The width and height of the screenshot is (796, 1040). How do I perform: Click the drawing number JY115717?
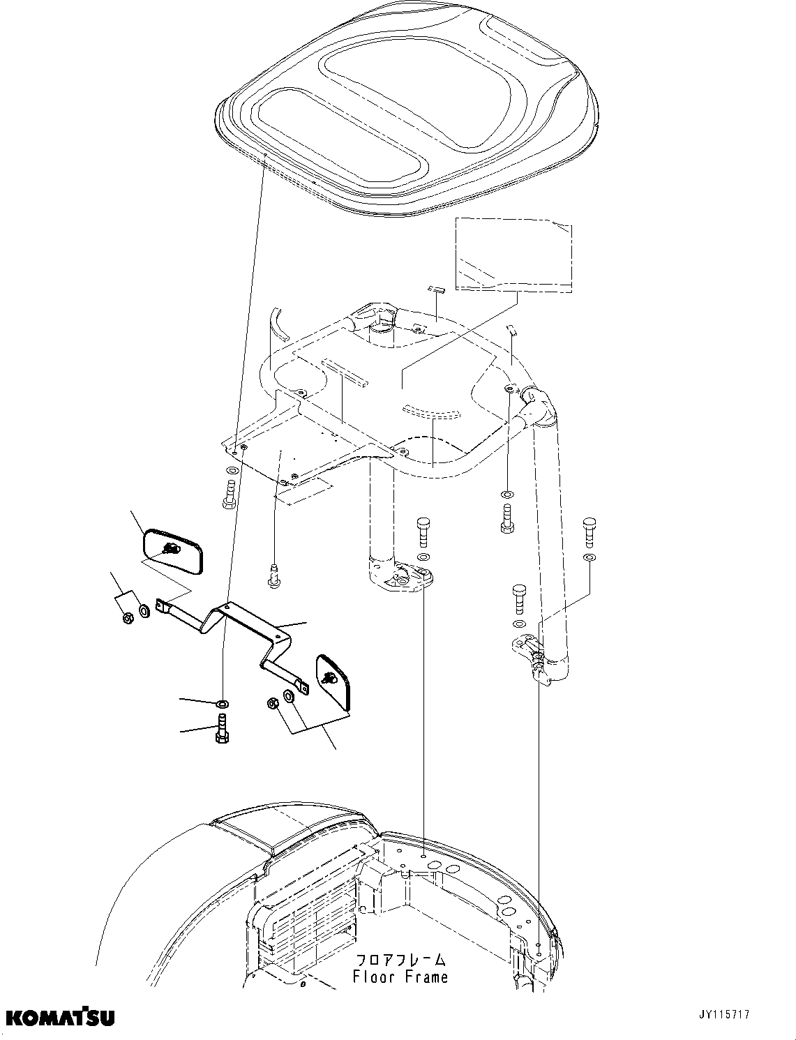721,1015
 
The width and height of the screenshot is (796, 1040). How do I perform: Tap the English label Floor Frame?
400,977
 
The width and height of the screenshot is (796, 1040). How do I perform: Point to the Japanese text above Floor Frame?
400,959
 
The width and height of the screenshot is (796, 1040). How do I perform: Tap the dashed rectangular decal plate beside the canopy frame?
514,254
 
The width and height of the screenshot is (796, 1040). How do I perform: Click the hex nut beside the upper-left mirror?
127,618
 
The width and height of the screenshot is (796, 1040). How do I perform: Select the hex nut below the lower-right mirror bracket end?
273,703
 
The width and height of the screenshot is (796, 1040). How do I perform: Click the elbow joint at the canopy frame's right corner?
539,405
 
